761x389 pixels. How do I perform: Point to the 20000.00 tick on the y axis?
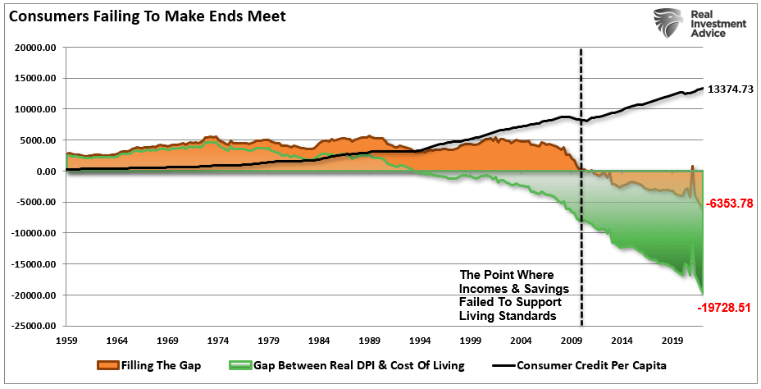coord(34,48)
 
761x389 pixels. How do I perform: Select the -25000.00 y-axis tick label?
coord(33,326)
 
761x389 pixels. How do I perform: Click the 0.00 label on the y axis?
coord(46,172)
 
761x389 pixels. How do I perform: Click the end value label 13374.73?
coord(731,89)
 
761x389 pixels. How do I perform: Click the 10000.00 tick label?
coord(34,109)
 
